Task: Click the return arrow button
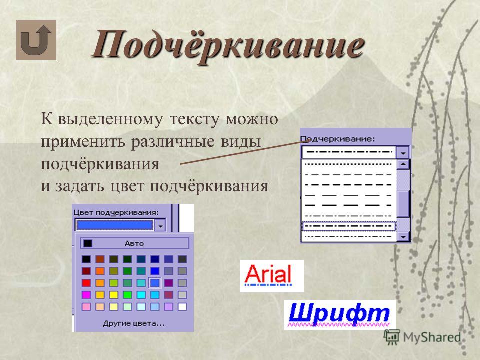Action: click(36, 40)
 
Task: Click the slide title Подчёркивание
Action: click(228, 46)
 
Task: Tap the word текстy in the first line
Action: click(194, 119)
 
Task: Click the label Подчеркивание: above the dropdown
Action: click(337, 139)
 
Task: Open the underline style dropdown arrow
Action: click(403, 152)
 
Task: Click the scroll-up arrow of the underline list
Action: click(403, 164)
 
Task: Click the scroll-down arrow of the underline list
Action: click(403, 236)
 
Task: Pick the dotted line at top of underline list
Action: click(348, 164)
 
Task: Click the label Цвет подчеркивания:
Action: click(116, 213)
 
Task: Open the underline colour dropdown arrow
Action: click(160, 226)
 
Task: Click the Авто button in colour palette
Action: click(134, 243)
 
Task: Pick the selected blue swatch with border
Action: click(155, 283)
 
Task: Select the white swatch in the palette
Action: click(182, 306)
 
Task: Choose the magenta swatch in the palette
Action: click(86, 295)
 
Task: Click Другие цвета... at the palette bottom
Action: click(134, 323)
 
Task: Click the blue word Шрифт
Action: click(339, 313)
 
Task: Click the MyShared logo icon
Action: click(392, 337)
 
